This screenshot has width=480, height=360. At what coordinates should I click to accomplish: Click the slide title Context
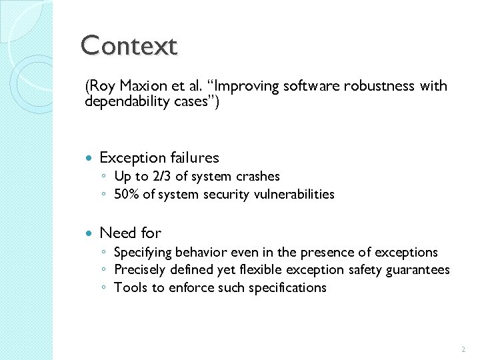[x=129, y=46]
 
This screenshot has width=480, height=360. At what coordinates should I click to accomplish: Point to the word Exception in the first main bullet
[x=131, y=158]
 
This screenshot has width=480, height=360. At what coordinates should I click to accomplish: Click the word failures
[x=193, y=158]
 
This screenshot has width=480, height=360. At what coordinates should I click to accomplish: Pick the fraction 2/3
[x=163, y=177]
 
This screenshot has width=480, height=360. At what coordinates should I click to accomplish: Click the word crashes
[x=257, y=177]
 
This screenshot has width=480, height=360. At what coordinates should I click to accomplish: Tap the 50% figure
[x=127, y=195]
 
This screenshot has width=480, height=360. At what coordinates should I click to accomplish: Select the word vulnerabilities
[x=298, y=195]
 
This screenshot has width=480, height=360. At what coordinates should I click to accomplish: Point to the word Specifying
[x=143, y=253]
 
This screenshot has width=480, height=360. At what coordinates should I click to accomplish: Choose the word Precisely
[x=139, y=270]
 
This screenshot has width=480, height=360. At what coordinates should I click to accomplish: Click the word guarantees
[x=419, y=270]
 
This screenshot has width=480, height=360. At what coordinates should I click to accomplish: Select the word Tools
[x=128, y=288]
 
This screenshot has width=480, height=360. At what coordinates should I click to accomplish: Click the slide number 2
[x=463, y=349]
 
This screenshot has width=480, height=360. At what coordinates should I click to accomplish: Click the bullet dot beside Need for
[x=90, y=233]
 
